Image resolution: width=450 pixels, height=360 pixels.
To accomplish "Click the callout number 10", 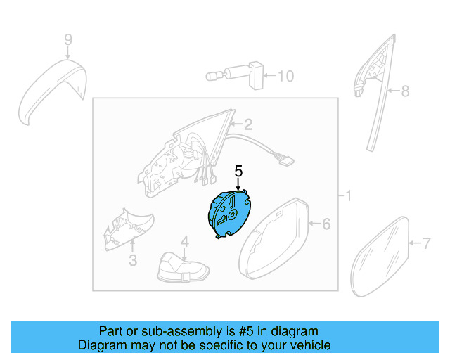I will click(x=285, y=75).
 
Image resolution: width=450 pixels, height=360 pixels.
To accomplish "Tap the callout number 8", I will click(x=405, y=91).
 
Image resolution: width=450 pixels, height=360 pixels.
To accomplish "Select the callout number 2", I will click(x=247, y=125).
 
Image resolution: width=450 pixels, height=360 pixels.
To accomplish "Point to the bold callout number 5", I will click(x=238, y=171).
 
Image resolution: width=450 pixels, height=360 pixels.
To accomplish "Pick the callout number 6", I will click(x=326, y=224).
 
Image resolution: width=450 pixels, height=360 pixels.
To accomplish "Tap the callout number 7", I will click(x=426, y=243).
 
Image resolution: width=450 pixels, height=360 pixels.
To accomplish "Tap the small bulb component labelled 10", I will click(x=235, y=75).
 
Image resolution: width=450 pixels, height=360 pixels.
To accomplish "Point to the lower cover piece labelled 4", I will click(x=184, y=268).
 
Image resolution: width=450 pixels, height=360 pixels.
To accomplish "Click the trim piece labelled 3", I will click(x=129, y=228).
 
